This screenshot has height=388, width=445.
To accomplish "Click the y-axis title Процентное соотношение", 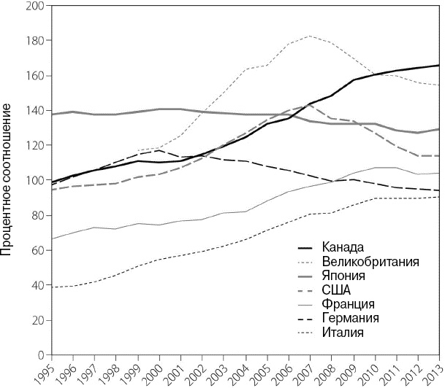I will [x=9, y=179].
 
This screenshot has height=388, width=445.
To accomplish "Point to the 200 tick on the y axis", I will [x=34, y=6].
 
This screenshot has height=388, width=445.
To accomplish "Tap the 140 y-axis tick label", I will [x=34, y=111].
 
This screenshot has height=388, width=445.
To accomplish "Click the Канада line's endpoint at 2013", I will [x=439, y=66].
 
